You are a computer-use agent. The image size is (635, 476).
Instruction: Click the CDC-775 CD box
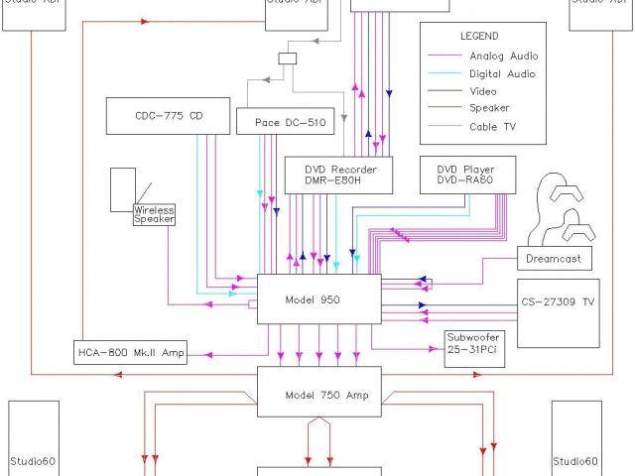tap(168, 116)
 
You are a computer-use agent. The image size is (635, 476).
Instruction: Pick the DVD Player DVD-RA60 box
tap(465, 175)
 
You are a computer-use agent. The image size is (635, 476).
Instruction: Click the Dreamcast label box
tap(555, 260)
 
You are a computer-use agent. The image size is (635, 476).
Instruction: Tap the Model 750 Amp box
tap(326, 395)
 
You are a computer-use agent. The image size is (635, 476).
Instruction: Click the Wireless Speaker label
tap(154, 214)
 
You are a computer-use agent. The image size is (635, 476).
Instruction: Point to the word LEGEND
tap(480, 36)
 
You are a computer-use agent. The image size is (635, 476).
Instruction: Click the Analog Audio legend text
tap(502, 56)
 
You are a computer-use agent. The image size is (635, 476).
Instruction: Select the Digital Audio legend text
tap(502, 73)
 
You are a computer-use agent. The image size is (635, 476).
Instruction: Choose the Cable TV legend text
tap(493, 127)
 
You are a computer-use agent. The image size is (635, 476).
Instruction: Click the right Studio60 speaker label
tap(576, 460)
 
